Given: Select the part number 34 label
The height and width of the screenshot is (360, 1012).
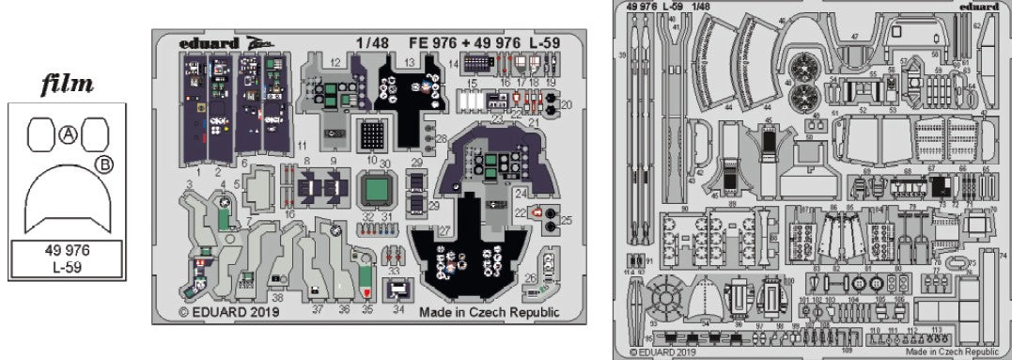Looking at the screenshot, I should pos(399,308).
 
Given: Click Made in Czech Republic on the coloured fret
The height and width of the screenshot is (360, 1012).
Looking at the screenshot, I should pos(489,311).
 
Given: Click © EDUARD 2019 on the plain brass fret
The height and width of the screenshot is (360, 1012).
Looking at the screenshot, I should pos(663,353).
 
